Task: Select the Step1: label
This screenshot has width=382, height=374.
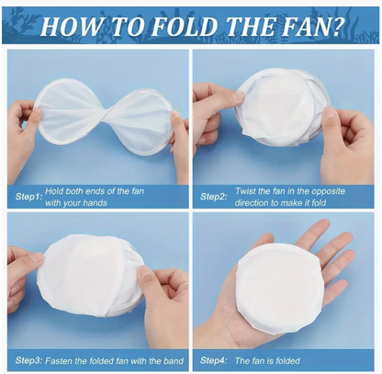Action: point(28,197)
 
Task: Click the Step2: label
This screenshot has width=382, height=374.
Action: point(213,197)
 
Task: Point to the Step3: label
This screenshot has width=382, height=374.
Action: point(28,360)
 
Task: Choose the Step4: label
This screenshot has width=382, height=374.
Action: point(213,360)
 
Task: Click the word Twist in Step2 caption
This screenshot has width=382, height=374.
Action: point(245,191)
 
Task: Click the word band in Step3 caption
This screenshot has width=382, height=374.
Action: point(174,360)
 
